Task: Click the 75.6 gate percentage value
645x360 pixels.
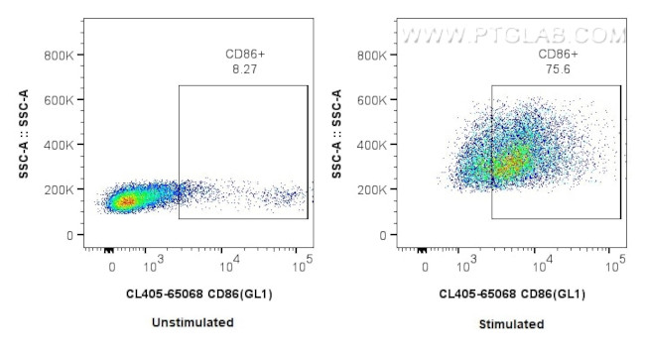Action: (557, 70)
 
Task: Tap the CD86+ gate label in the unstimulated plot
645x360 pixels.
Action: (243, 56)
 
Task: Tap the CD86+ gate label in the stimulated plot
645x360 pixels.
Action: (558, 55)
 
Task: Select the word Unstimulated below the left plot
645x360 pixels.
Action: (193, 322)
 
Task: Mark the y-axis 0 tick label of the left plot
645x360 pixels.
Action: (69, 235)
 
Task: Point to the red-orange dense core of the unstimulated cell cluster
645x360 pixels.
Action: (126, 202)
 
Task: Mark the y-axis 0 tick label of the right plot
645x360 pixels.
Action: (383, 235)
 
